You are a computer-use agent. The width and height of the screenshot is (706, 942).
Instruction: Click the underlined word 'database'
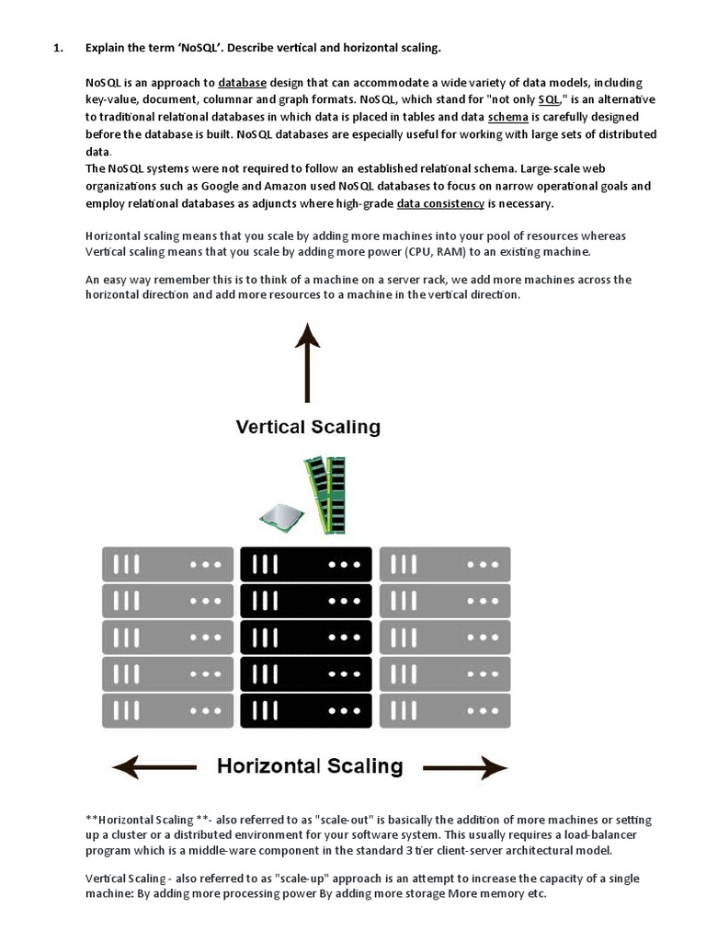point(243,83)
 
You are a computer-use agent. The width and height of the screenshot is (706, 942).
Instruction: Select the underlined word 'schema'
point(507,117)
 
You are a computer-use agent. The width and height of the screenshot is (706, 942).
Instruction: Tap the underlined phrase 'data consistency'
point(440,203)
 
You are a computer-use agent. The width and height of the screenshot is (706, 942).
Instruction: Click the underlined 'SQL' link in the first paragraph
point(550,99)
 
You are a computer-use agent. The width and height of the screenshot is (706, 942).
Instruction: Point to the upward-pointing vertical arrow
point(307,367)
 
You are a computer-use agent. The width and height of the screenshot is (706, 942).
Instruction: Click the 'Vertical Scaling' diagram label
point(308,427)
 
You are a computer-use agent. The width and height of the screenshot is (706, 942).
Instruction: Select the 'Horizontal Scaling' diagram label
point(310,765)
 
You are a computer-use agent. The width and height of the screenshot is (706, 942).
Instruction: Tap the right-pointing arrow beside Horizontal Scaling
point(465,766)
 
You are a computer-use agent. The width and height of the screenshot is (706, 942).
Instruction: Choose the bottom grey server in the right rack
point(445,710)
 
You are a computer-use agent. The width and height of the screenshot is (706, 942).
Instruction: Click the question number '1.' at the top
point(58,48)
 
